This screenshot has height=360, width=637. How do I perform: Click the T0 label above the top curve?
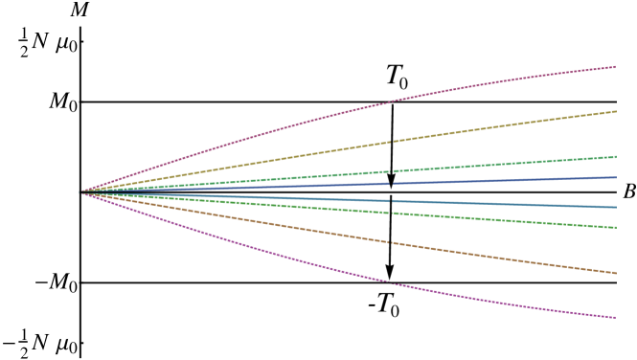click(x=397, y=78)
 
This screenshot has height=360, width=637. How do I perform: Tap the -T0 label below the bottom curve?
click(x=383, y=305)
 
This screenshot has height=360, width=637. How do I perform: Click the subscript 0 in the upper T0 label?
click(x=403, y=85)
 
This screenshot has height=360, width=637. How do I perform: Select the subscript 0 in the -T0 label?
click(x=394, y=312)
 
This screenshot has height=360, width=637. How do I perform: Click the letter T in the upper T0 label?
click(x=393, y=75)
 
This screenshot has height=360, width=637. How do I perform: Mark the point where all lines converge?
click(x=80, y=192)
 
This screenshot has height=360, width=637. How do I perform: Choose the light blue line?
click(x=287, y=198)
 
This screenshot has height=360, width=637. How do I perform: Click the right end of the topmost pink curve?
click(x=614, y=67)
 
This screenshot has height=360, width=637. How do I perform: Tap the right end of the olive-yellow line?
click(x=614, y=112)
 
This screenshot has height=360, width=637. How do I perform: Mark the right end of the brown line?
click(x=614, y=273)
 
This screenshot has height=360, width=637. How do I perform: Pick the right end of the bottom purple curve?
click(x=614, y=317)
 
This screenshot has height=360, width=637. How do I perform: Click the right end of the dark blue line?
click(x=614, y=177)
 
